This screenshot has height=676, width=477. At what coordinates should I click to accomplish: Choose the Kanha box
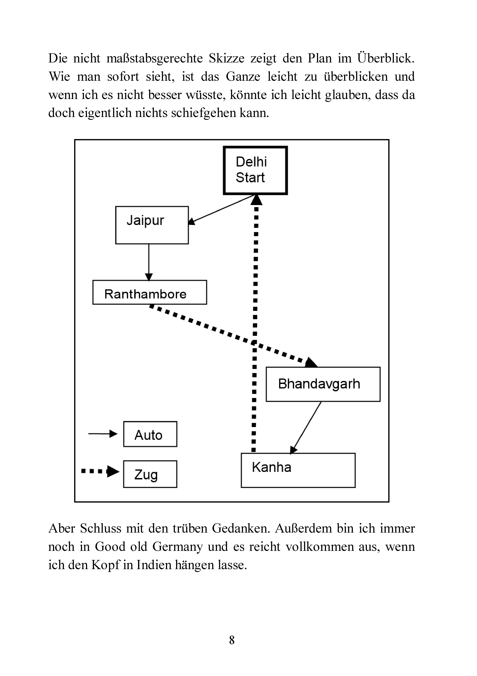click(x=298, y=470)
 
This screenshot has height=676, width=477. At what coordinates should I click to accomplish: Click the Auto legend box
click(x=150, y=434)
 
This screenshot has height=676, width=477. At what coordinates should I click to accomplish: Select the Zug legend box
click(x=150, y=474)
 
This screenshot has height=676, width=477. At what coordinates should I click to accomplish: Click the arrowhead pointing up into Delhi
click(x=256, y=200)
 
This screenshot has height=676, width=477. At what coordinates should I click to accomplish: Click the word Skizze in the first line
click(x=227, y=58)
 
